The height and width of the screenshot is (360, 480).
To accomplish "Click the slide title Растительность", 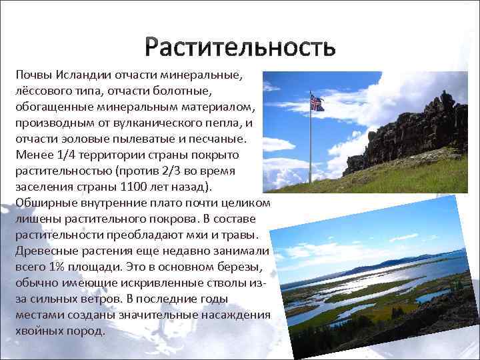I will coord(240,48).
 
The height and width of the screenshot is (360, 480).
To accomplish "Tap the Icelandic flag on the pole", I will coord(316,103).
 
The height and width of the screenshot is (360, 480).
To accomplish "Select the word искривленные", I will coord(154,283).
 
